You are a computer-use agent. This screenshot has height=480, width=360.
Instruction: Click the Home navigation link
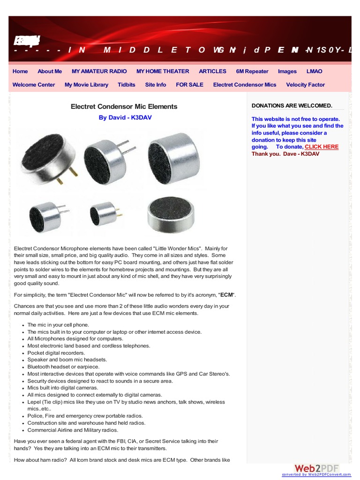click(20, 71)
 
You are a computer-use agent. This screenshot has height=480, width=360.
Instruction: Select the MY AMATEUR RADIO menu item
click(99, 71)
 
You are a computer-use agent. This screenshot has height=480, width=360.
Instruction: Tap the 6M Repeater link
click(252, 71)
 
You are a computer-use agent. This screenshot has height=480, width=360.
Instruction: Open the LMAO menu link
click(314, 71)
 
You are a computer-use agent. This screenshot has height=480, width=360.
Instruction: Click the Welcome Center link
click(34, 85)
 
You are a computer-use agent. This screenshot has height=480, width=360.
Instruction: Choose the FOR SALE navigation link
click(189, 85)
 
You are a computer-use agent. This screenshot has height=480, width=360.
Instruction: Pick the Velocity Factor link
click(305, 85)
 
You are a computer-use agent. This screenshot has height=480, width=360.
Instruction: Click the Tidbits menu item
click(127, 85)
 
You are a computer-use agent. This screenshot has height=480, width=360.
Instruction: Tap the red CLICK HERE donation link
click(322, 147)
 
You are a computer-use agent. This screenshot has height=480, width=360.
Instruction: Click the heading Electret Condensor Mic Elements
click(124, 106)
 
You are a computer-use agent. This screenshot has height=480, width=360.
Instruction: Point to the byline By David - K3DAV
click(125, 118)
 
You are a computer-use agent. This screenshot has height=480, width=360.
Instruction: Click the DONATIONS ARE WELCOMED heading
click(292, 105)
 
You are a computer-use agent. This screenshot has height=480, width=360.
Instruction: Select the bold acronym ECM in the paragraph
click(227, 295)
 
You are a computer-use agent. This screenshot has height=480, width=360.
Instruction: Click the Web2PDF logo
click(316, 469)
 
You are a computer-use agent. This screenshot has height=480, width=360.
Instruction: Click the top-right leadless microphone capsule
click(167, 155)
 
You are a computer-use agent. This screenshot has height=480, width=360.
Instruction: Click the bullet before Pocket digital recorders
click(22, 353)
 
